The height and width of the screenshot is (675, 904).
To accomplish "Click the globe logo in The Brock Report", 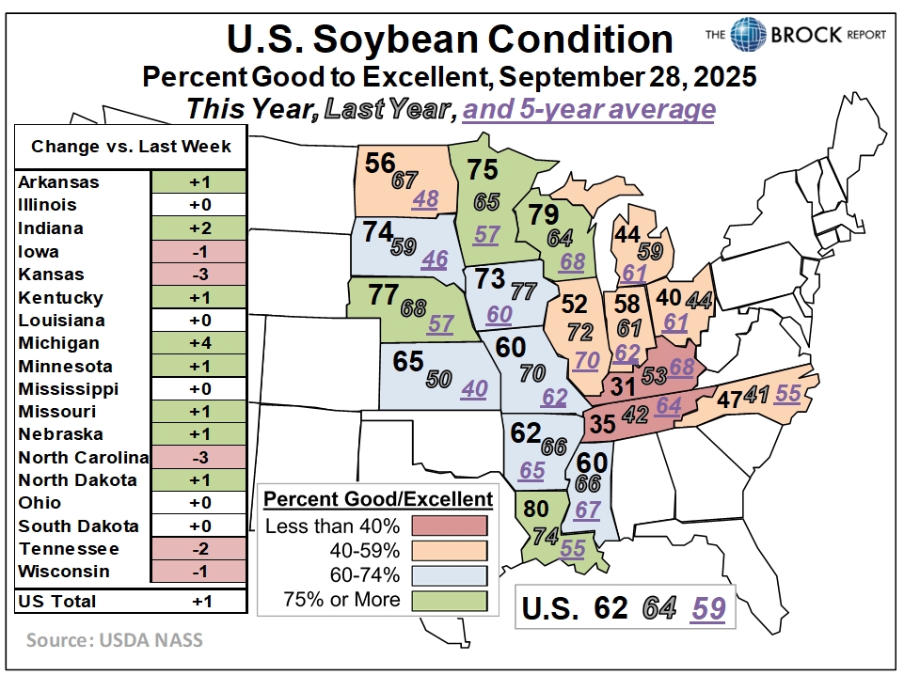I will (749, 34).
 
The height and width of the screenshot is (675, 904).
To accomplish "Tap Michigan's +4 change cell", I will (198, 343).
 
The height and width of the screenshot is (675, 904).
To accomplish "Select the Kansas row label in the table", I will (51, 275).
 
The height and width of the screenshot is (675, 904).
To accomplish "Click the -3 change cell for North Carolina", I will (198, 458).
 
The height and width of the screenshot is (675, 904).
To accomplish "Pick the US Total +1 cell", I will (198, 602).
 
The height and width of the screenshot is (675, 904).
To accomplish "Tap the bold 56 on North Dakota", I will (380, 163).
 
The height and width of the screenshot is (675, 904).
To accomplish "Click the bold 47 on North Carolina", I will (728, 399).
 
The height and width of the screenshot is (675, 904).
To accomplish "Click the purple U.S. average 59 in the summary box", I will (707, 608).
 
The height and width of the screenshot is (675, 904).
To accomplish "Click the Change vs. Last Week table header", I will (131, 147).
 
